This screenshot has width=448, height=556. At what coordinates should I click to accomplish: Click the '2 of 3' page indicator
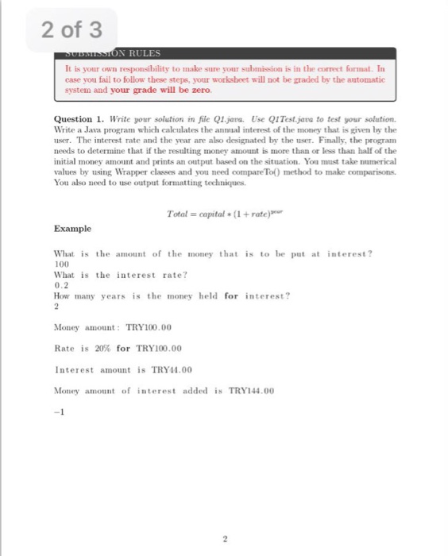[x=71, y=30]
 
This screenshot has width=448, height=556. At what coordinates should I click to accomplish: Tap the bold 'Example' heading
[x=72, y=228]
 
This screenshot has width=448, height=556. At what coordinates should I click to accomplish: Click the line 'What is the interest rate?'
[x=120, y=274]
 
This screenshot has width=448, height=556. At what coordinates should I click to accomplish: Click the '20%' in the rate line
[x=100, y=348]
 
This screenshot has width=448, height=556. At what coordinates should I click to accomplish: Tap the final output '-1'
[x=58, y=411]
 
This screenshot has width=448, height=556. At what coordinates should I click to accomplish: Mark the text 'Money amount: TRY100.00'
[x=112, y=326]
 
